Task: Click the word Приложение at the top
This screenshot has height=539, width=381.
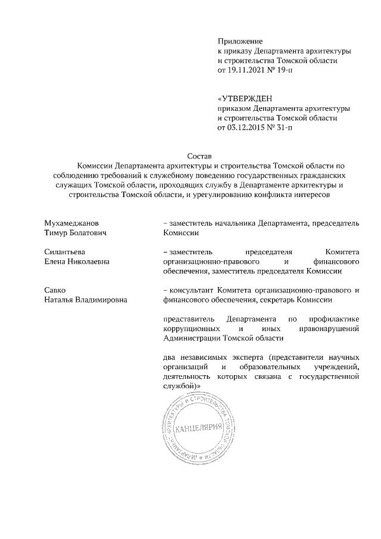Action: click(241, 40)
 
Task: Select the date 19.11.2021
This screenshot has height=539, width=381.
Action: click(249, 70)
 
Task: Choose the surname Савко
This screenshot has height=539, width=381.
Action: click(55, 290)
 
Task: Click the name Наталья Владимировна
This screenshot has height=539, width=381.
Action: click(86, 300)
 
